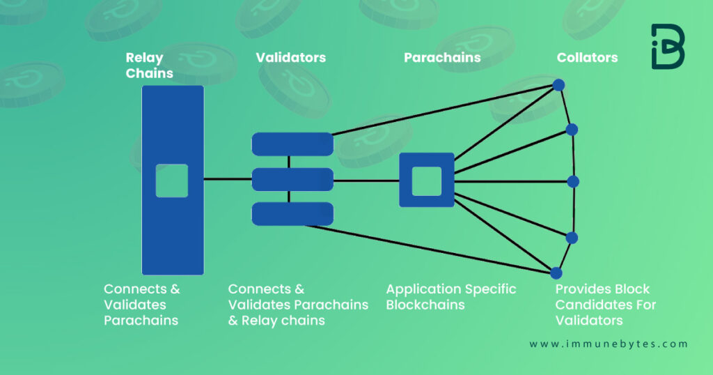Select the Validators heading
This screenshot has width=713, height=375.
point(290,58)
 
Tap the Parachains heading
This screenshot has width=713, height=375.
point(442,58)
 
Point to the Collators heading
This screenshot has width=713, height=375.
point(587,58)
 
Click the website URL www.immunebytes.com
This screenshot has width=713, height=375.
point(608,344)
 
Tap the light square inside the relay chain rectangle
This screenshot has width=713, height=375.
point(172,181)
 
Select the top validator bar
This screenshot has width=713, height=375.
point(292,144)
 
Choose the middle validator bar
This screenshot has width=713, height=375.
point(292,179)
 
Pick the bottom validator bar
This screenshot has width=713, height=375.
point(292,214)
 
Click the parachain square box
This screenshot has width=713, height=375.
point(426,180)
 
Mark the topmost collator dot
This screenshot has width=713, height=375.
point(558,85)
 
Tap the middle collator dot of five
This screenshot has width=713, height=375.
point(573,182)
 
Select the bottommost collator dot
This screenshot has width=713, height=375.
point(556,273)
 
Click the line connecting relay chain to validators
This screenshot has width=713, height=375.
point(228,179)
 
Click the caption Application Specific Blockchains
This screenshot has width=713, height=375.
point(451,297)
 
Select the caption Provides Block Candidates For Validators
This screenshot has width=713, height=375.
point(604,305)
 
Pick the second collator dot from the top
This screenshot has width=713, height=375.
point(572,130)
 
